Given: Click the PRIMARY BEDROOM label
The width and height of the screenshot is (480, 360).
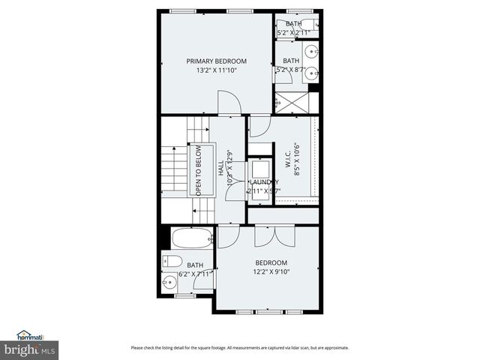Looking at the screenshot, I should pos(216,61).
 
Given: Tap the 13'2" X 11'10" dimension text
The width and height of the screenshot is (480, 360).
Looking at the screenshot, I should pos(216,71).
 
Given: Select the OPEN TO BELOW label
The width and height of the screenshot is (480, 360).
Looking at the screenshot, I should pos(199,171).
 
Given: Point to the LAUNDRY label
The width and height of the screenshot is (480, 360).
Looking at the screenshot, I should pos(264,182).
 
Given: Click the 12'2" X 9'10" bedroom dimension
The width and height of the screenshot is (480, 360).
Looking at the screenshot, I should pos(271,272).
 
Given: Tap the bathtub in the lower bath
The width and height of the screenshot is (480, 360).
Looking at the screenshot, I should pos(192,239).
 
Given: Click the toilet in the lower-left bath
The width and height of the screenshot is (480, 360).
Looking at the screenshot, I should pos(171,262).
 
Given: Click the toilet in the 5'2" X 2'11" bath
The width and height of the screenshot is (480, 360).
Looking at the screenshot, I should pos(315,25).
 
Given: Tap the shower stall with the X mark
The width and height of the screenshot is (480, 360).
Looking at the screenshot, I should pos(291,102).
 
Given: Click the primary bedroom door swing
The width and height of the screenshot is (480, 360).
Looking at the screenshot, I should pos(229,103).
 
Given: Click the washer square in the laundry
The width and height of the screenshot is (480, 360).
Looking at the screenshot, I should pos(260,167).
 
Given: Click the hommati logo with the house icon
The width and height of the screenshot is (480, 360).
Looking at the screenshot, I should pos(32,335).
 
